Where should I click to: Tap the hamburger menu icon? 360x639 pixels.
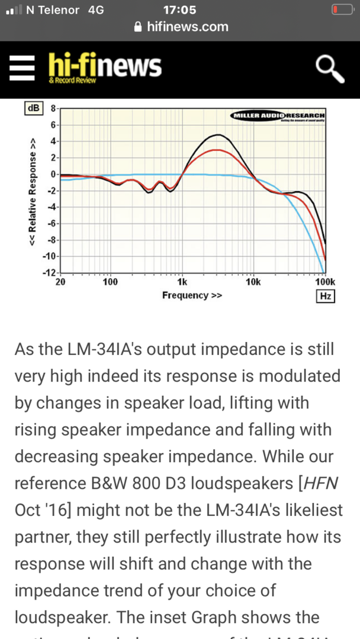tap(22, 69)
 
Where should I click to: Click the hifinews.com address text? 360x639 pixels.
tap(187, 27)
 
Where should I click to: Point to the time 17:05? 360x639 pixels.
tap(179, 10)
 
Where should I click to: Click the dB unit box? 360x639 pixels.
tap(33, 108)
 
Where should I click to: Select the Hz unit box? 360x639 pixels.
tap(325, 296)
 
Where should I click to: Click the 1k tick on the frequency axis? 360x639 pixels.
tap(182, 282)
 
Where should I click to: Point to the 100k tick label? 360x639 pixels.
tap(324, 282)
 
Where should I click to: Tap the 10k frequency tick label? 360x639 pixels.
tap(253, 282)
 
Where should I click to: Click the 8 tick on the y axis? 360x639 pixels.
tap(53, 109)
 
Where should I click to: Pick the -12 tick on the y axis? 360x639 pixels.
tap(50, 273)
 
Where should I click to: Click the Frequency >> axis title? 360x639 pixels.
tap(192, 295)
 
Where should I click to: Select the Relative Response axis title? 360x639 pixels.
tap(34, 191)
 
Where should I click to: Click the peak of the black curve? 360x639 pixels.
tap(218, 135)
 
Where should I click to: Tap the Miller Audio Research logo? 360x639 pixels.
tap(278, 115)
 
